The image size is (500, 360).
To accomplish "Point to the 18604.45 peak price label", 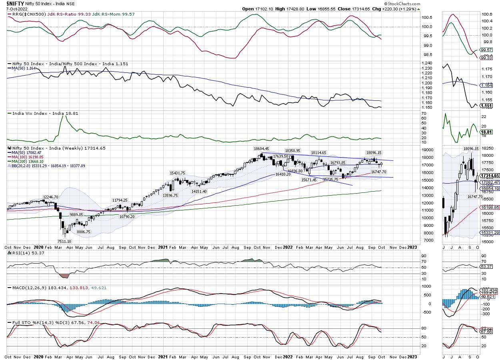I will tap(261, 148).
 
